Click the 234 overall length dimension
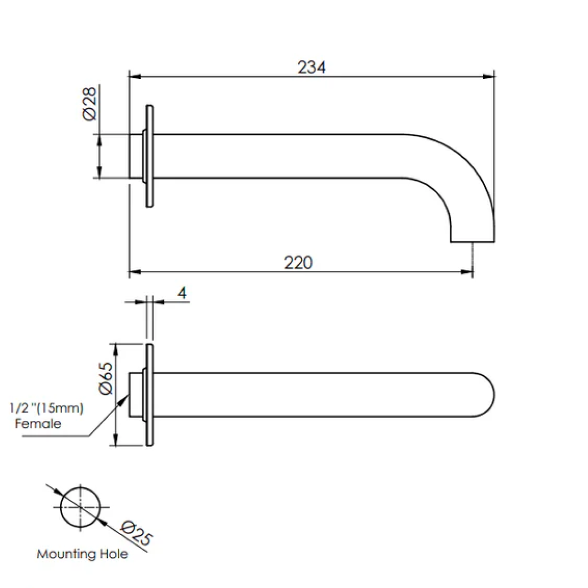(311, 68)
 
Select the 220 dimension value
(298, 262)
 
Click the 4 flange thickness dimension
(182, 293)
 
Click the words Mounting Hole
(83, 554)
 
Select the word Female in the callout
(39, 423)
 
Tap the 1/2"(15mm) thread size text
(47, 409)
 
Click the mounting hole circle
(81, 507)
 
